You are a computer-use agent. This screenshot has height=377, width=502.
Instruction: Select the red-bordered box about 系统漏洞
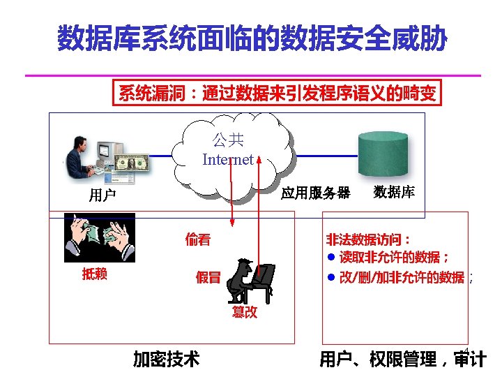277,94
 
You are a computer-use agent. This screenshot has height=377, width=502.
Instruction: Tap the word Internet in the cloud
228,160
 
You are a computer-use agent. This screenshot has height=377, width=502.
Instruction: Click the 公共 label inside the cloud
228,141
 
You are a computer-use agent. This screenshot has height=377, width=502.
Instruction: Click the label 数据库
394,192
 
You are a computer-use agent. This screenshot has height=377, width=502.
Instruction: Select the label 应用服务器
315,193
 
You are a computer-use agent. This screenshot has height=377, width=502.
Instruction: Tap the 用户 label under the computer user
102,195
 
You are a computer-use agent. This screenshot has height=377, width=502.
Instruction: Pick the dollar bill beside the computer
132,163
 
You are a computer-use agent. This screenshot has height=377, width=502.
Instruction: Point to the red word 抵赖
95,274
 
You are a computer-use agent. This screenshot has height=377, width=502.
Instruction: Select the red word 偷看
198,240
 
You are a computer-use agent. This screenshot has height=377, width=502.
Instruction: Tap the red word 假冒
208,277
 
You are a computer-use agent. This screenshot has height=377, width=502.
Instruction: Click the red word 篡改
245,312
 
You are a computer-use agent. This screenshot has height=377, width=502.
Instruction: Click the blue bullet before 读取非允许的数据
332,258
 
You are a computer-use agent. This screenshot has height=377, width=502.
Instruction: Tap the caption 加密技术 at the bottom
167,359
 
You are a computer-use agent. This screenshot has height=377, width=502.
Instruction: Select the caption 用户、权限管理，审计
402,360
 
